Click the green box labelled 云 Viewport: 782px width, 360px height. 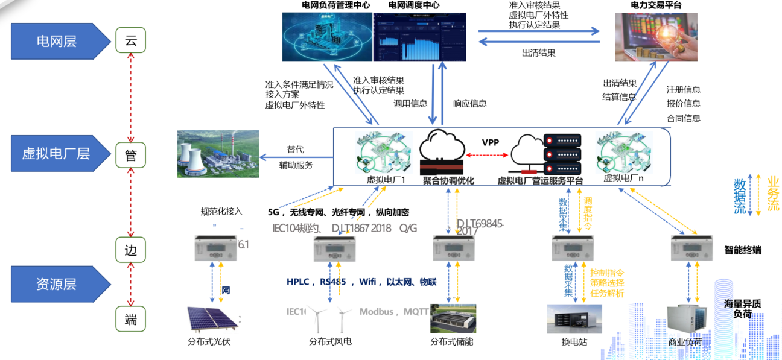click(x=131, y=41)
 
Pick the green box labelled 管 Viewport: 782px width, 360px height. click(x=131, y=155)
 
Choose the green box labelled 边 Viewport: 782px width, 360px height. click(x=131, y=250)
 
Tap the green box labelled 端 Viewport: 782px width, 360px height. click(x=131, y=320)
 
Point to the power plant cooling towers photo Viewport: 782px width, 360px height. click(x=218, y=153)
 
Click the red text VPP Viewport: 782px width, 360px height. click(x=491, y=143)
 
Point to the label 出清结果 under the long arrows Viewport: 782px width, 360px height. click(x=538, y=53)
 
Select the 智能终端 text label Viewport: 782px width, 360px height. click(x=742, y=250)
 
